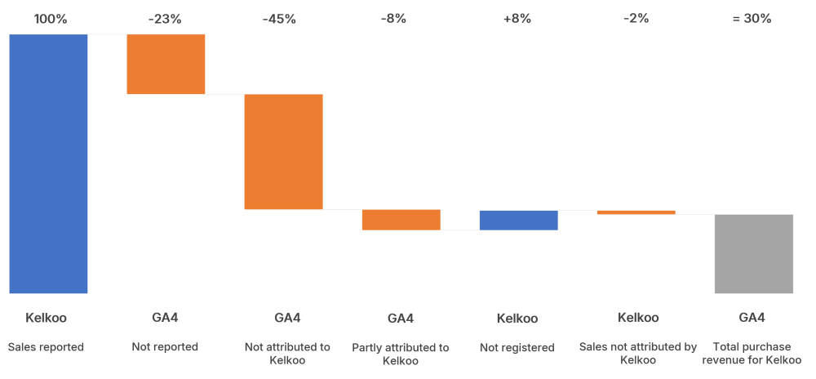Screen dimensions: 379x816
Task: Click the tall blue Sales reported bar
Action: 48,163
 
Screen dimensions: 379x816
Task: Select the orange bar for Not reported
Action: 166,64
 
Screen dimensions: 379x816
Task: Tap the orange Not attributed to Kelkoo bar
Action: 283,151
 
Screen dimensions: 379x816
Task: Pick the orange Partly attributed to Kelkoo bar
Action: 401,220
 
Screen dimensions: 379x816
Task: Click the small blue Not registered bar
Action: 518,220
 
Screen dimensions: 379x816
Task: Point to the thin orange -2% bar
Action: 636,212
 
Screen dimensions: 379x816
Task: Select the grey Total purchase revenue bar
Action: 753,253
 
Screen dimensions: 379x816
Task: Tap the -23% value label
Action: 166,19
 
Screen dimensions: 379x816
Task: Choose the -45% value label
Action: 280,19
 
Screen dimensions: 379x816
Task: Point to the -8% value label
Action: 393,19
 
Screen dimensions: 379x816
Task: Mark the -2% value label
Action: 636,19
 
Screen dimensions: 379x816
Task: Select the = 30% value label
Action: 752,19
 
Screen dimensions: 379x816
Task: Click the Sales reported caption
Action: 46,347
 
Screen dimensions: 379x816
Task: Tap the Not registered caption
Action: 517,348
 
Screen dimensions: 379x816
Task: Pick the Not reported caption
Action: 165,347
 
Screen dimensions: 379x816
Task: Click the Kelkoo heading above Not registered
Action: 517,319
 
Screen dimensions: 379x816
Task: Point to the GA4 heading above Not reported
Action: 166,318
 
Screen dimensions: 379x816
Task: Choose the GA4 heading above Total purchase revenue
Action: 752,318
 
